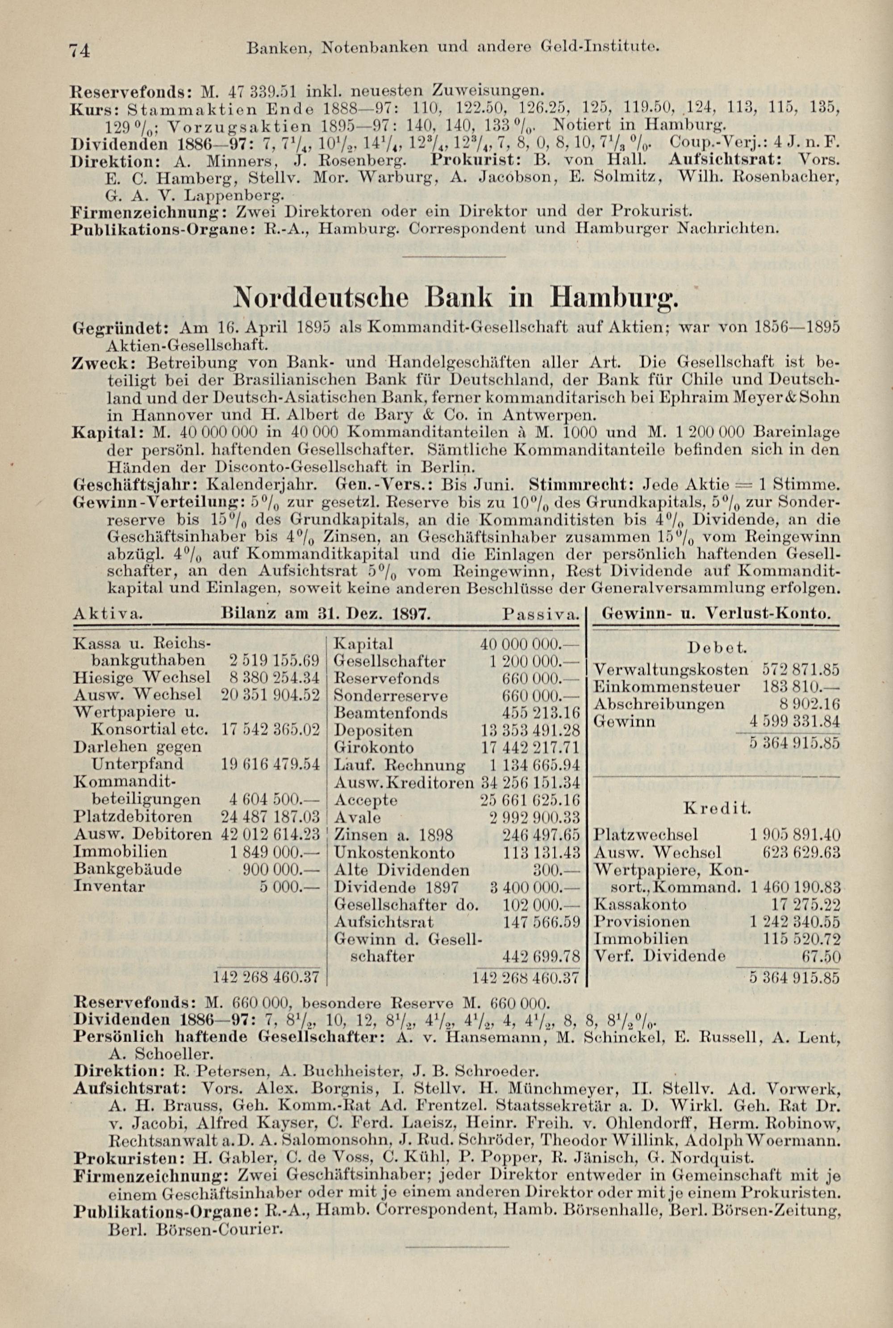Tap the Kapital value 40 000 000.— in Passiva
tap(529, 644)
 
